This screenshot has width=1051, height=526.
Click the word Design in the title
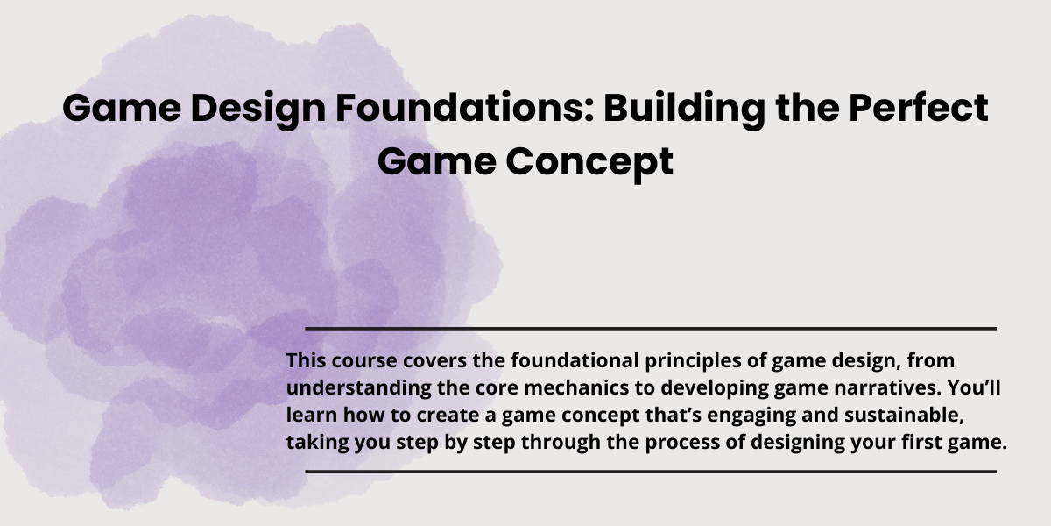pos(258,110)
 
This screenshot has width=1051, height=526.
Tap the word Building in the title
pos(684,110)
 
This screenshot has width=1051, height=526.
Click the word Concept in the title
pos(589,162)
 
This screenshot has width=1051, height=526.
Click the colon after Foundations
pos(589,113)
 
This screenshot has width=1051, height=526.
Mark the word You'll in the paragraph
pos(974,387)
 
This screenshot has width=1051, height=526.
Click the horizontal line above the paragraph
pos(651,329)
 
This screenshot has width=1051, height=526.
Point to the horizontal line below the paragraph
pos(651,472)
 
